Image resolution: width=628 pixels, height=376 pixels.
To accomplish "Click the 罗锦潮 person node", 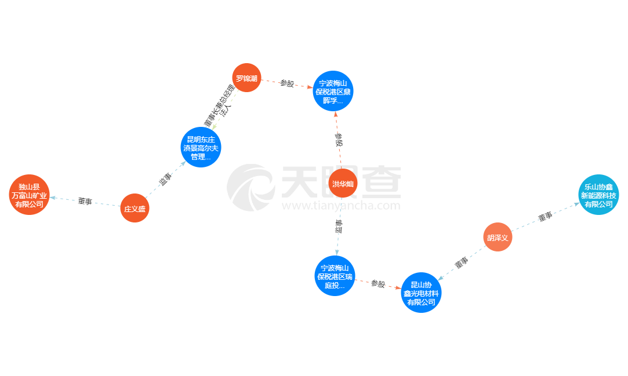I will tap(246, 78).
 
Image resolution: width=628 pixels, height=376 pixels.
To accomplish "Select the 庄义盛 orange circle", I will tap(135, 208).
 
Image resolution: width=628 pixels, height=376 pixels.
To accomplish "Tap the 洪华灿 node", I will tap(343, 184).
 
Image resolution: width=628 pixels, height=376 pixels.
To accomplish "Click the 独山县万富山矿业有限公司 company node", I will tap(30, 195).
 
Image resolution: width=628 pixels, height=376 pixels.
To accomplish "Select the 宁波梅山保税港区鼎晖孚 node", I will tap(333, 91).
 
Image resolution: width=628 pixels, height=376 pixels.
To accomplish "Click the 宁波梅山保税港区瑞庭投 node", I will tap(334, 276).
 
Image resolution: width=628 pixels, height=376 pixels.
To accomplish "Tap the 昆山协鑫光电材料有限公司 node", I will tap(422, 293).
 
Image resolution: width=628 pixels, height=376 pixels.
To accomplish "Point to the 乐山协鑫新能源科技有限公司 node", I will tap(598, 195).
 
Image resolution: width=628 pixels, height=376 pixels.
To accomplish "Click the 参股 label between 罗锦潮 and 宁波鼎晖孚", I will tap(287, 84).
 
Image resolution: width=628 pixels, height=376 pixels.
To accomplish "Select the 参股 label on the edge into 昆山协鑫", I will tap(378, 283).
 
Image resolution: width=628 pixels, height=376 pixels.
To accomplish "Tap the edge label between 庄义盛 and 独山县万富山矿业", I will tap(85, 202).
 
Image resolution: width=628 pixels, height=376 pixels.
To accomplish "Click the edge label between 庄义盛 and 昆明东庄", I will tap(166, 178).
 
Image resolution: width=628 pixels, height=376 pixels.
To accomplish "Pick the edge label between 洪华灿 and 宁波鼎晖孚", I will tap(338, 139).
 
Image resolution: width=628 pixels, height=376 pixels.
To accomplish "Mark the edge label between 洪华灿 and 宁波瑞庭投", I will tap(339, 226).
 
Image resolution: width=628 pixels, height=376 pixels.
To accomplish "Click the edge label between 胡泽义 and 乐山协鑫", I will tap(545, 217).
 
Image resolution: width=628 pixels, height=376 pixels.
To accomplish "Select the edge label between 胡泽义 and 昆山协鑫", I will tap(461, 263).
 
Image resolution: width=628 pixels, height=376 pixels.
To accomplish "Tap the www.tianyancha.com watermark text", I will tap(341, 206).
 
